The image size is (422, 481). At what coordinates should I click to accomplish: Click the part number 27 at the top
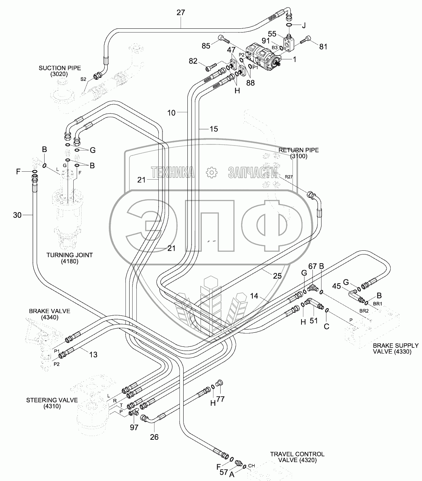(x=181, y=12)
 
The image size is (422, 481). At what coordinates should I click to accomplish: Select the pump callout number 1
(x=295, y=59)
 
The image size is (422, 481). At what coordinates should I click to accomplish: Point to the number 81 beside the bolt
(x=323, y=47)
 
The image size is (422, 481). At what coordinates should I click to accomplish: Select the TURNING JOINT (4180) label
(x=70, y=258)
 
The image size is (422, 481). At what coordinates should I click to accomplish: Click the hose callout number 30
(x=17, y=215)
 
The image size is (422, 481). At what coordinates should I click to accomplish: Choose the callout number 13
(x=93, y=354)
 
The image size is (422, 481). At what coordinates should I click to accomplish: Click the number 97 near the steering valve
(x=134, y=427)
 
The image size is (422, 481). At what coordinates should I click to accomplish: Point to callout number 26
(x=154, y=437)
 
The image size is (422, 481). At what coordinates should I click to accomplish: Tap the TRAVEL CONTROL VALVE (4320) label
(x=297, y=457)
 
